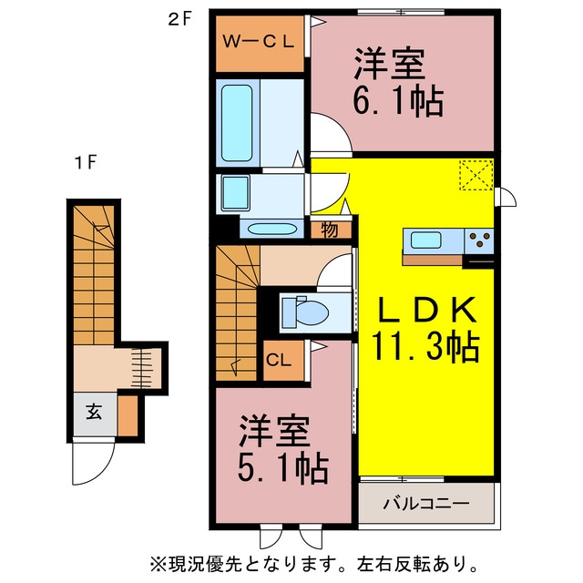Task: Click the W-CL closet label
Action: click(259, 41)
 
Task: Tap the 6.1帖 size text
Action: click(398, 101)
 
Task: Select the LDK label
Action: click(427, 310)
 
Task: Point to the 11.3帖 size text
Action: click(425, 347)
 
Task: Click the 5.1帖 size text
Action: click(283, 468)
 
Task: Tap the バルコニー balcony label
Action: click(426, 504)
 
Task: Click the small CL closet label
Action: click(279, 360)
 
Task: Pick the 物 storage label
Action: click(330, 230)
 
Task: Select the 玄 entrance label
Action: click(94, 412)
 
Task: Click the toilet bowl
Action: click(306, 312)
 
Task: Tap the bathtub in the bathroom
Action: click(237, 123)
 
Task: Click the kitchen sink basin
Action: click(426, 240)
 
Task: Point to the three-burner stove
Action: click(479, 240)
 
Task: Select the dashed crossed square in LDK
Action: click(476, 175)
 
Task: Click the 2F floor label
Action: click(179, 20)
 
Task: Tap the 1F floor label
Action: click(86, 162)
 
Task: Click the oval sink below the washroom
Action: click(272, 229)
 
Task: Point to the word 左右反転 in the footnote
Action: click(394, 565)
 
